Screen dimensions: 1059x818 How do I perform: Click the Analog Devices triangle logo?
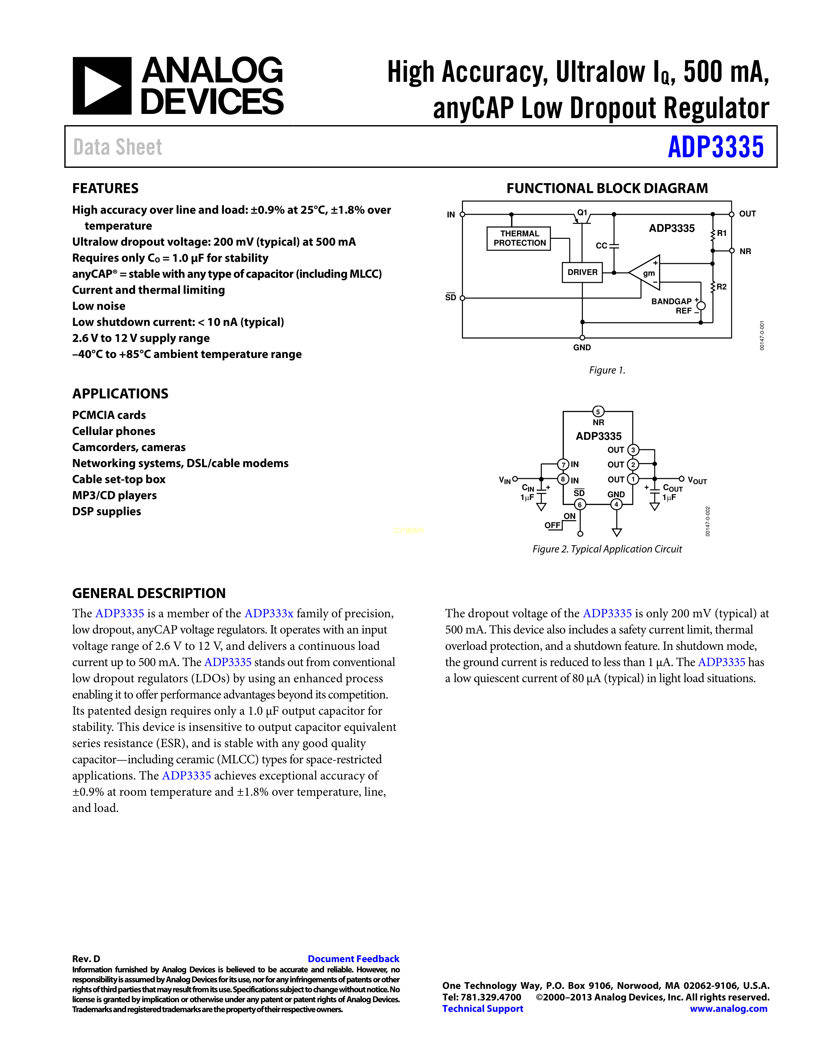[x=102, y=86]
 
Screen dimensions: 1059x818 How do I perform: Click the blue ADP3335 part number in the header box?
[x=715, y=147]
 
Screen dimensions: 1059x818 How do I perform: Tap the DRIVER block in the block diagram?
[x=582, y=272]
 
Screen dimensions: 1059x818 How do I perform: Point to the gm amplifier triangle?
[x=646, y=273]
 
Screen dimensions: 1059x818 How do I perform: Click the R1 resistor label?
[x=721, y=233]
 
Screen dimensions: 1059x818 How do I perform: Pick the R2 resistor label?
[x=721, y=287]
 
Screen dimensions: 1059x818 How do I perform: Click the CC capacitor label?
[x=601, y=246]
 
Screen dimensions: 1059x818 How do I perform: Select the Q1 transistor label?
[x=582, y=212]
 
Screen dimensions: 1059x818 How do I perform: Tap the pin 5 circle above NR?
[x=598, y=412]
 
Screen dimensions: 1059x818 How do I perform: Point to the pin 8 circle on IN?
[x=563, y=479]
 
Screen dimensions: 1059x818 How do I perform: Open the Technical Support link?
[x=483, y=1009]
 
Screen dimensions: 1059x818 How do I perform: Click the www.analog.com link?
[x=729, y=1009]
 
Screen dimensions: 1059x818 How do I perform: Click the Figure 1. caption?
[x=607, y=370]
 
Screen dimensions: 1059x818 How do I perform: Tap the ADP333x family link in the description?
[x=269, y=613]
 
